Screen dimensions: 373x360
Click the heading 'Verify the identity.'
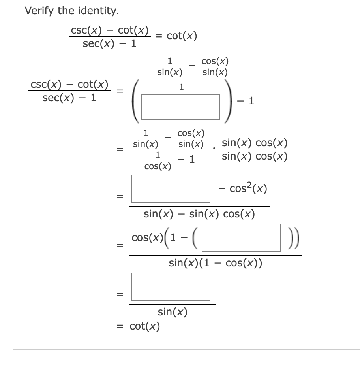tap(71, 11)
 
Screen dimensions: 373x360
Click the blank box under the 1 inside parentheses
tap(180, 106)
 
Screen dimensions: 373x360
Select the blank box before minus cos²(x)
tap(171, 189)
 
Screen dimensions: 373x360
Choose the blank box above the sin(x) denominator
tap(171, 287)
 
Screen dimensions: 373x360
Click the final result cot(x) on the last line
tap(145, 326)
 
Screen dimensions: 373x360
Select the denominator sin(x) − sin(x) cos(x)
tap(199, 214)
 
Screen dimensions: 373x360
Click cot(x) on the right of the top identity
tap(182, 36)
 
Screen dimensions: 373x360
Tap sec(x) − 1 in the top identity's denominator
tap(109, 43)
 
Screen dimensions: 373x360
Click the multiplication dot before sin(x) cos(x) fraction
tap(214, 149)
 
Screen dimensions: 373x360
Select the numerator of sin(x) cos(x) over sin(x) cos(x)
tap(255, 143)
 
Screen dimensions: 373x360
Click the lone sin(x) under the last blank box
tap(172, 312)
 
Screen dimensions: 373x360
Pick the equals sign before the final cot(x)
tap(120, 326)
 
